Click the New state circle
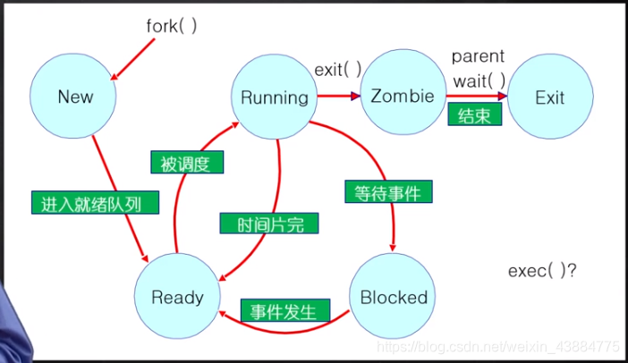pyautogui.click(x=74, y=97)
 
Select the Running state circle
pyautogui.click(x=275, y=97)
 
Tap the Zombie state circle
pyautogui.click(x=403, y=95)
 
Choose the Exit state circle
pyautogui.click(x=549, y=97)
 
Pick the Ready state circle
pyautogui.click(x=177, y=297)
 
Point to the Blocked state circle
pyautogui.click(x=394, y=297)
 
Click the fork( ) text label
pyautogui.click(x=171, y=26)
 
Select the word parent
pyautogui.click(x=478, y=57)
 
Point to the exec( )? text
pyautogui.click(x=542, y=271)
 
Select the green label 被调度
pyautogui.click(x=185, y=162)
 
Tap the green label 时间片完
pyautogui.click(x=261, y=224)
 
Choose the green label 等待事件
pyautogui.click(x=387, y=190)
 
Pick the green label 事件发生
pyautogui.click(x=284, y=312)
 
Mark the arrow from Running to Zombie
pyautogui.click(x=338, y=95)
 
